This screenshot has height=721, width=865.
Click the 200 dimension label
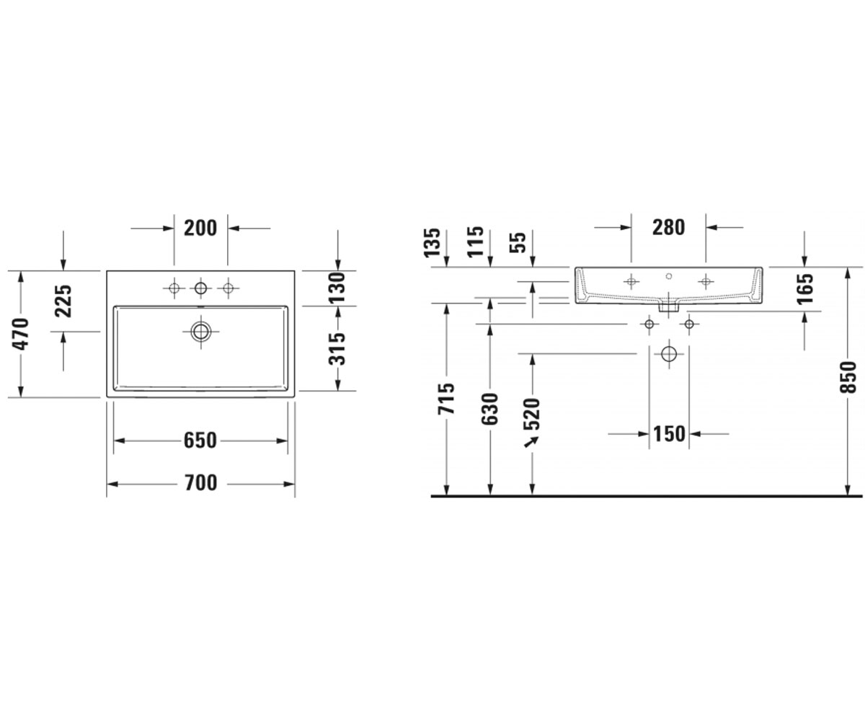click(x=200, y=229)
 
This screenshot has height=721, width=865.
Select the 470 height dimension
click(x=21, y=334)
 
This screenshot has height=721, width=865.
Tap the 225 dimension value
click(x=63, y=301)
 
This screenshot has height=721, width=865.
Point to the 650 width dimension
click(x=200, y=441)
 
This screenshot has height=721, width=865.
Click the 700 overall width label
click(x=201, y=483)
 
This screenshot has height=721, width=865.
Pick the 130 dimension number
click(x=337, y=288)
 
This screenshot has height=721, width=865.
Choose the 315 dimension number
click(x=337, y=349)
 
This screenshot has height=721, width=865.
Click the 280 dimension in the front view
click(x=669, y=228)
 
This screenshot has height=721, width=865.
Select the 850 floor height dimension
click(x=848, y=377)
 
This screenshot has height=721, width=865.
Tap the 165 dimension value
click(x=805, y=289)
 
